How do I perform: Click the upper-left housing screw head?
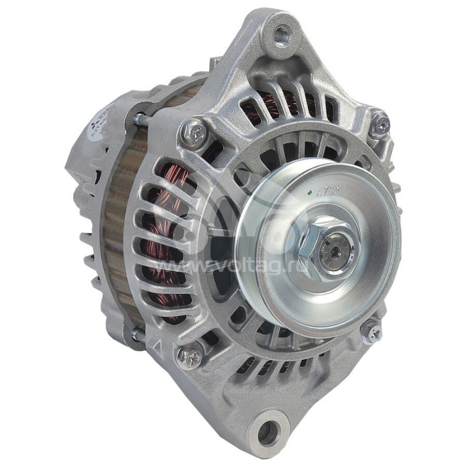click(193, 133)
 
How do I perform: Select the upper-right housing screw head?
click(379, 124)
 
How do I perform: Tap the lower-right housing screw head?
click(372, 331)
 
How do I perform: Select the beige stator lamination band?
click(117, 233)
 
